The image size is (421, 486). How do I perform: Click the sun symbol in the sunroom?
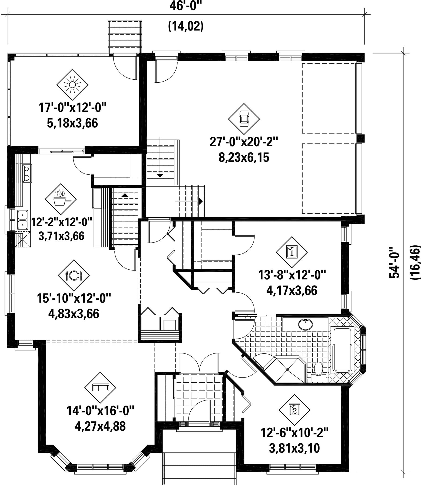[x=72, y=85]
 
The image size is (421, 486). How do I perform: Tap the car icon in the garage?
[x=244, y=119]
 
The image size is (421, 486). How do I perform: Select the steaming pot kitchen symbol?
[x=61, y=199]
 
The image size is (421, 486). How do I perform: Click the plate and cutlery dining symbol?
[x=74, y=275]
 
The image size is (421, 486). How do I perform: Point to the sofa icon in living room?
[x=100, y=387]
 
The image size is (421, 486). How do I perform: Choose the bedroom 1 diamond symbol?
[x=292, y=252]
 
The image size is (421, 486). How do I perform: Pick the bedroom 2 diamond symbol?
[x=294, y=410]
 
